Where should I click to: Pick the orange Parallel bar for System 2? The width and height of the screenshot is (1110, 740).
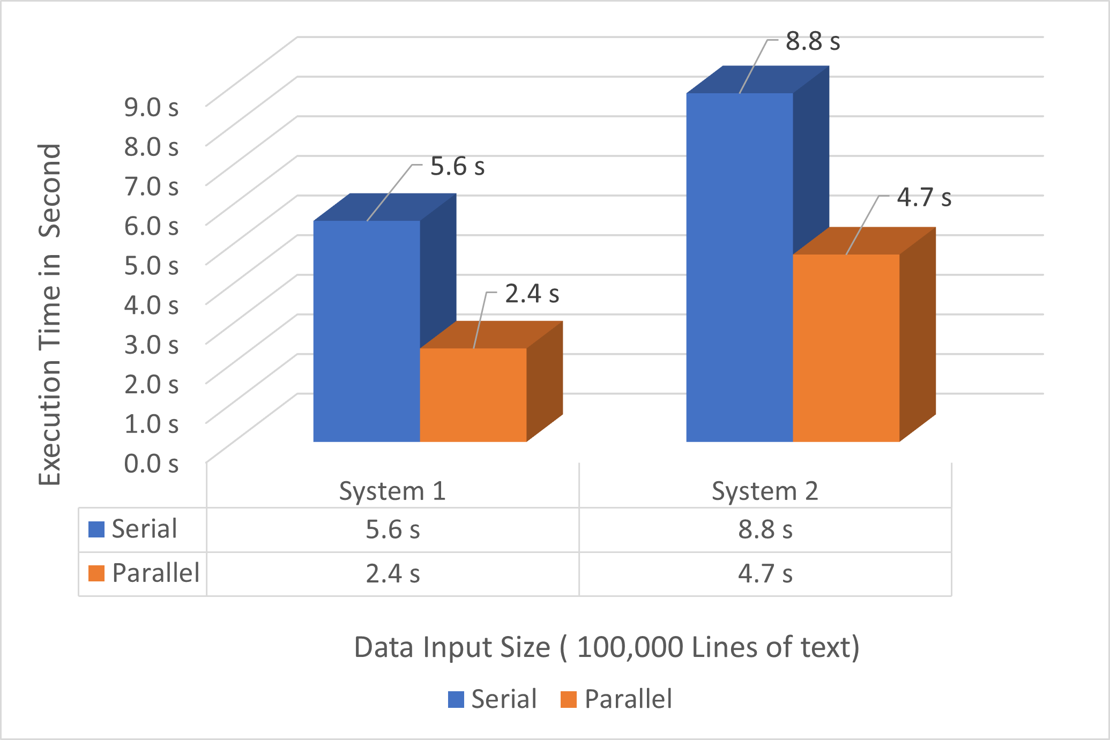[x=846, y=348]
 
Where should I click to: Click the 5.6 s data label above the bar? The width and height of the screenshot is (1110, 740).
[x=457, y=167]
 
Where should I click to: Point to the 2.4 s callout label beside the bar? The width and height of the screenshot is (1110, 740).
[x=532, y=294]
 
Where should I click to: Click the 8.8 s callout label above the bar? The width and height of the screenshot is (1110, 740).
[x=813, y=42]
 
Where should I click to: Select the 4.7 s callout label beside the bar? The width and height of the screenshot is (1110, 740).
[x=924, y=198]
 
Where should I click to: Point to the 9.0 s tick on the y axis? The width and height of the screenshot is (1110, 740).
[x=151, y=107]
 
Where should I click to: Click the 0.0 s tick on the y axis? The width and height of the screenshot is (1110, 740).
[x=151, y=464]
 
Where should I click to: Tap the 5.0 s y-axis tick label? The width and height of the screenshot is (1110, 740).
[x=151, y=265]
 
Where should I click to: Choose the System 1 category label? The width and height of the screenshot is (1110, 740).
[x=392, y=491]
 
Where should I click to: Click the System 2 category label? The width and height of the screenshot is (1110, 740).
[x=765, y=491]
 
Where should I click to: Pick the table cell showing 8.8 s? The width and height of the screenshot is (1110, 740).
[x=765, y=530]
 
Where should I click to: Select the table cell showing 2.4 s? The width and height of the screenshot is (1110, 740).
[x=392, y=574]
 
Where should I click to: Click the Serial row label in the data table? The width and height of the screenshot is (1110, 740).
[x=144, y=529]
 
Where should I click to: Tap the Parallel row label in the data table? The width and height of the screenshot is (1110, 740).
[x=155, y=573]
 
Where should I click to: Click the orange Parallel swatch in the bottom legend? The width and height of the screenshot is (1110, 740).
[x=568, y=699]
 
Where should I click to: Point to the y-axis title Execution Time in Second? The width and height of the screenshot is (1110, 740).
[x=50, y=315]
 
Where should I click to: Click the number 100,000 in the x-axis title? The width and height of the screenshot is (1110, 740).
[x=630, y=647]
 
